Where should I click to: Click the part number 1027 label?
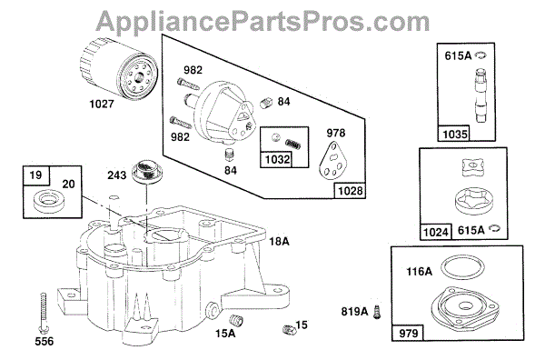tap(102, 104)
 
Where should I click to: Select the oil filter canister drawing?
tap(119, 68)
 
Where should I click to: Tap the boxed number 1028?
tap(350, 191)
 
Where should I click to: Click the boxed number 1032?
tap(277, 159)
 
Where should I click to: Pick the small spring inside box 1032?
tap(293, 144)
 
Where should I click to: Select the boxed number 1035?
tap(455, 134)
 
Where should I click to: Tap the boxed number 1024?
tap(436, 232)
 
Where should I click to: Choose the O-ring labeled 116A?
tap(462, 268)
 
